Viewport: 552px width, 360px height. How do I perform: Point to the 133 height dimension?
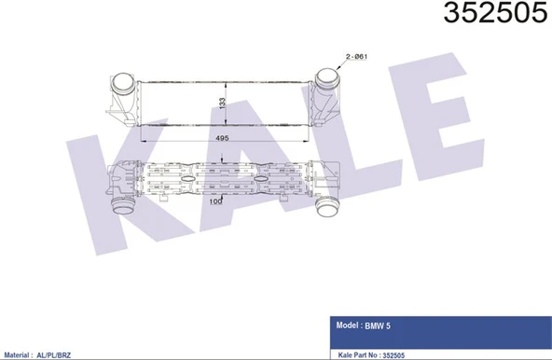(224, 101)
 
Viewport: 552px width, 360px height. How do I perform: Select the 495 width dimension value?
(223, 138)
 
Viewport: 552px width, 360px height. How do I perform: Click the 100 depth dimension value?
(215, 201)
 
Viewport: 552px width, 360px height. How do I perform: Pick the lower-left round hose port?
(121, 205)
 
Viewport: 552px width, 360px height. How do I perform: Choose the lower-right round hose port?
(328, 204)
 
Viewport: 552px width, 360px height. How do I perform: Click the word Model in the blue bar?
(348, 326)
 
